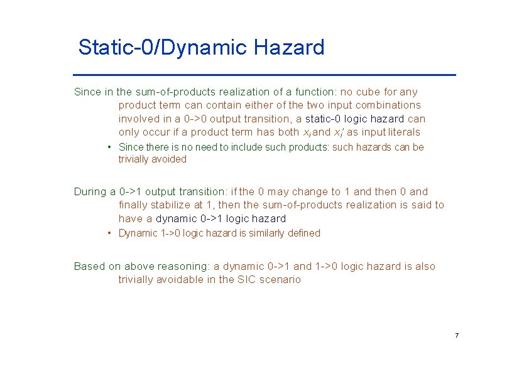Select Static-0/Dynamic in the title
click(163, 48)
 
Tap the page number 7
click(457, 336)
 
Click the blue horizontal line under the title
click(264, 75)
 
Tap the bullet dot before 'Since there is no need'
click(109, 147)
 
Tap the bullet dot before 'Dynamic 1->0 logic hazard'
click(109, 233)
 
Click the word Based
click(89, 266)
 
